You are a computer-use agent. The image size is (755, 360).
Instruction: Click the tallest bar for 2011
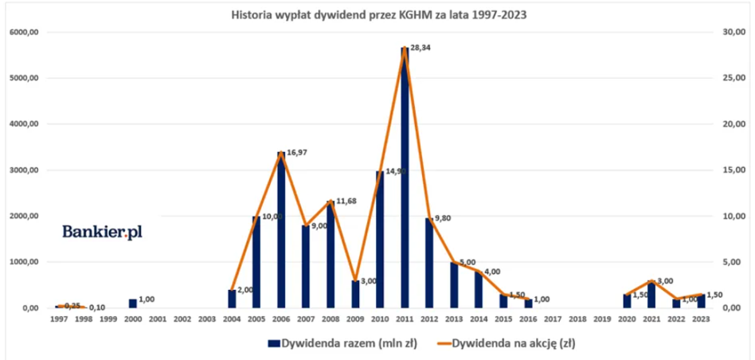click(x=405, y=179)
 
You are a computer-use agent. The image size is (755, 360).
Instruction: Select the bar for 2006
click(x=281, y=231)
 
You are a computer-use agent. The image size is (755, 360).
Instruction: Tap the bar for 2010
click(x=380, y=239)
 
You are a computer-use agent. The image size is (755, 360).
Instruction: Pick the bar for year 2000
click(x=133, y=303)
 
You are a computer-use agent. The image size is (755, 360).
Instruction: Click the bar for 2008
click(x=331, y=255)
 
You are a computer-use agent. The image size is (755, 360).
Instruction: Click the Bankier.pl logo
click(x=103, y=232)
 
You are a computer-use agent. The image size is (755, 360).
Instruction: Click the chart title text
click(x=378, y=14)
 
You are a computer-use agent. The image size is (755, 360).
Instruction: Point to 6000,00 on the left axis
click(x=23, y=33)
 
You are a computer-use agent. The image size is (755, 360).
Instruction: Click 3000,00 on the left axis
click(x=23, y=170)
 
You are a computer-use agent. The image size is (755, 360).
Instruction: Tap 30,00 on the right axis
click(x=733, y=33)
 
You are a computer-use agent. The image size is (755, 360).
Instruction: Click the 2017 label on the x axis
click(x=553, y=319)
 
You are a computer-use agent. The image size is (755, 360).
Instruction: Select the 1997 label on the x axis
click(x=58, y=319)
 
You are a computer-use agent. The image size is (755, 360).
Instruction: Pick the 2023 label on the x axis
click(x=702, y=319)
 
